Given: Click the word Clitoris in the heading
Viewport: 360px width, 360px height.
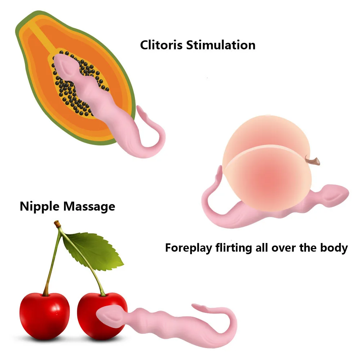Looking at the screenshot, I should pyautogui.click(x=161, y=45).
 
